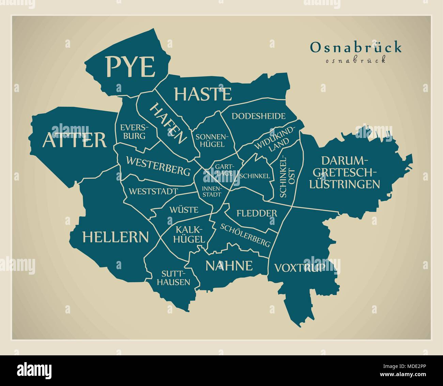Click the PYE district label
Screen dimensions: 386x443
(130, 67)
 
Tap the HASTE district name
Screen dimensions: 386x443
(203, 94)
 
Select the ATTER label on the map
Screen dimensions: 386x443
(75, 140)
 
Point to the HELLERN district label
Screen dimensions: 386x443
(116, 237)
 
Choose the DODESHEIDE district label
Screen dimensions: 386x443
(258, 116)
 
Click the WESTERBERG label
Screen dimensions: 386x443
(158, 166)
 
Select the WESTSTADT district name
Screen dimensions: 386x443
(153, 191)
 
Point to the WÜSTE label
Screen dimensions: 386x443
(184, 210)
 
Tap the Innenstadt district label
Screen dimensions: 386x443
(211, 191)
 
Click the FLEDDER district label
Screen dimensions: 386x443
(257, 214)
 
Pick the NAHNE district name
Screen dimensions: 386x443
(229, 265)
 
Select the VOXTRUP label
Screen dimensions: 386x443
(300, 268)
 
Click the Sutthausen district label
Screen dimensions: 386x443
(176, 278)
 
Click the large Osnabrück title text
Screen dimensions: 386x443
(356, 48)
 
